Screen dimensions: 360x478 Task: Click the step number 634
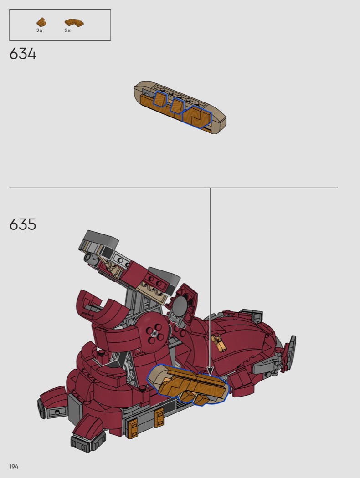23,54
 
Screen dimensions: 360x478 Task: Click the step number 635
23,224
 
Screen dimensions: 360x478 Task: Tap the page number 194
14,467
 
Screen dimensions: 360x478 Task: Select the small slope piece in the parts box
41,22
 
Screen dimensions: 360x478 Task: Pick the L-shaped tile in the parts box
74,23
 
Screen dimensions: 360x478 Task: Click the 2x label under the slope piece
39,31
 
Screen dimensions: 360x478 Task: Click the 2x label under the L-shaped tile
67,31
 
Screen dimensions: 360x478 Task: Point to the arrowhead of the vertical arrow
210,371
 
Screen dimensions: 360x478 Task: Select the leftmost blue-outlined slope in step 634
159,99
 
